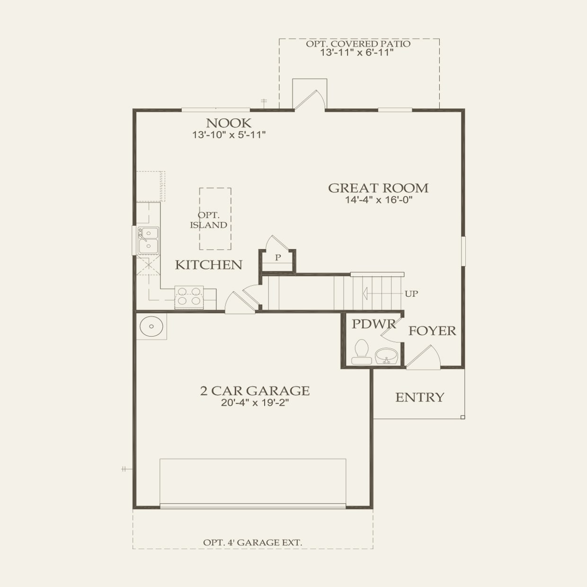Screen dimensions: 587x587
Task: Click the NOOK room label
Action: coord(229,123)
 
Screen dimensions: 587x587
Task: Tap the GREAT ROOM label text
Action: coord(378,188)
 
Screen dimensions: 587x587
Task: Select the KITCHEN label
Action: coord(209,265)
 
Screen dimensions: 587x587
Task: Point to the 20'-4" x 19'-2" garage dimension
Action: coord(255,403)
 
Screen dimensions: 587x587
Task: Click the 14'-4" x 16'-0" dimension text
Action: coord(379,200)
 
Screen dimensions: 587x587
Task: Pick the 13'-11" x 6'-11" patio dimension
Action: coord(357,53)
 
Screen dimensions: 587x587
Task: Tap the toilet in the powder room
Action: coord(362,352)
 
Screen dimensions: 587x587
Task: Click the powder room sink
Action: coord(387,356)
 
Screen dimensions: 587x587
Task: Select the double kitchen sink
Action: coord(148,240)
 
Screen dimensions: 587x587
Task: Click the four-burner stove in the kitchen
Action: coord(189,298)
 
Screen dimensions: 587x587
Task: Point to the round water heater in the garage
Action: coord(151,326)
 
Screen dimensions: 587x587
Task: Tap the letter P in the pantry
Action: coord(278,258)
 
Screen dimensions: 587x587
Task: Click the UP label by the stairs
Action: coord(411,293)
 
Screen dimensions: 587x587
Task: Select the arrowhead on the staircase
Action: coord(365,293)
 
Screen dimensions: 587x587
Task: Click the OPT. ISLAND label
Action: coord(209,220)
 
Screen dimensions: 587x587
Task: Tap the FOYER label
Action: coord(432,330)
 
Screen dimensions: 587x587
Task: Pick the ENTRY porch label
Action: coord(420,397)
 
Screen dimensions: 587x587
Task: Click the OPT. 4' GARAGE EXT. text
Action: coord(252,543)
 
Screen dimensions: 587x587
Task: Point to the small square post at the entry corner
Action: coord(462,417)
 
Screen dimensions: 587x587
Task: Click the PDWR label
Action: coord(374,324)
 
